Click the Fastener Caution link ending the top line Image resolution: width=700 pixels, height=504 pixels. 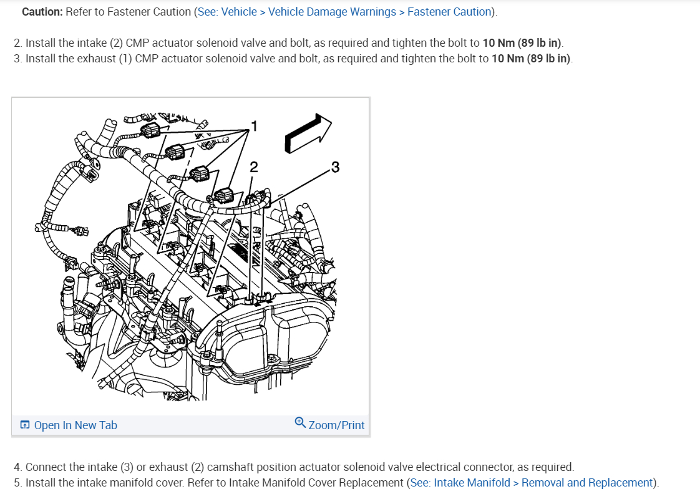coord(449,12)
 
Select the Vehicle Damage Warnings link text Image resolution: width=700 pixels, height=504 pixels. coord(332,12)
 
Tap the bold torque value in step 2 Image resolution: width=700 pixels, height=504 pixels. coord(522,43)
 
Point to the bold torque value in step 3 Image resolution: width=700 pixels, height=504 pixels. coord(532,59)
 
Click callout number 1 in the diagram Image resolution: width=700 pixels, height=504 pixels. coord(253,126)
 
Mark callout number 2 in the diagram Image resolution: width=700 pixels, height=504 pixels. coord(253,167)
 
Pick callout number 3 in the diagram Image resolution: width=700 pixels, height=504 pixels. coord(336,167)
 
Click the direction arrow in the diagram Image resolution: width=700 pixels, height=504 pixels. coord(308,133)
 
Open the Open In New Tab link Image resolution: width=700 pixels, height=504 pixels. coord(75,425)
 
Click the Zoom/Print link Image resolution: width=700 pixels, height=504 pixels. coord(336,425)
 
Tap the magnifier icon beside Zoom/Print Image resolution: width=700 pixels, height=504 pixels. coord(300,423)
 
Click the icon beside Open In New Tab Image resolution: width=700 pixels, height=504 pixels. coord(25,425)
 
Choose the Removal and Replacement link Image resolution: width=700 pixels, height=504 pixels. coord(587,483)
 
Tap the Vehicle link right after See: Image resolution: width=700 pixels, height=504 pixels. coord(240,12)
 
